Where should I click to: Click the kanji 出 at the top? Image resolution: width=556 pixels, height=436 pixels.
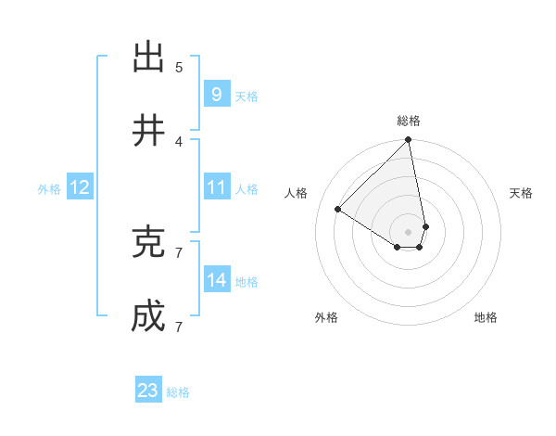tap(148, 58)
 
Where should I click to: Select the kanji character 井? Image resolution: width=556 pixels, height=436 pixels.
tap(148, 131)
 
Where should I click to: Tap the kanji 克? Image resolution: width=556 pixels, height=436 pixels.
tap(148, 242)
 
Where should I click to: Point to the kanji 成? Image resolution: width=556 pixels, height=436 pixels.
tap(148, 317)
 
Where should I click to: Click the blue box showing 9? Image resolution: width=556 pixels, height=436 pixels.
tap(216, 94)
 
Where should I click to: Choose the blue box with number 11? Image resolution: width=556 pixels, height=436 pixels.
tap(216, 187)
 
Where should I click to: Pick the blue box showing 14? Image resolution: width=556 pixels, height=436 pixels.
tap(216, 280)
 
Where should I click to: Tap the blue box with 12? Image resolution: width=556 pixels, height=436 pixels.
tap(79, 187)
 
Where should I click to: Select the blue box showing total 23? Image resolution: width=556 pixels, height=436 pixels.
tap(148, 391)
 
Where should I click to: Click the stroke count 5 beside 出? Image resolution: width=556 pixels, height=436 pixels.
tap(179, 67)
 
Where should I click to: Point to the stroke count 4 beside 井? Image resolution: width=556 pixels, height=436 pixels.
tap(179, 141)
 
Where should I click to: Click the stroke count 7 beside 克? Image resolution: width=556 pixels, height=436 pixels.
tap(179, 252)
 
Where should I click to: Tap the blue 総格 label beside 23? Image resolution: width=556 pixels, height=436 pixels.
tap(178, 392)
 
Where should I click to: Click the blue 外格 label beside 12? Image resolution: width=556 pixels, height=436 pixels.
tap(49, 189)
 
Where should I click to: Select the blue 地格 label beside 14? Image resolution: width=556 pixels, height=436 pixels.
tap(246, 282)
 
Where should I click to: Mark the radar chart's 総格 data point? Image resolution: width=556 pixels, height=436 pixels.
tap(408, 141)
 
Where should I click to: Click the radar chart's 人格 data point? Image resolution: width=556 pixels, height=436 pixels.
tap(338, 210)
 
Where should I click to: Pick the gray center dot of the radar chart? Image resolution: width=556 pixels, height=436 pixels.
tap(408, 231)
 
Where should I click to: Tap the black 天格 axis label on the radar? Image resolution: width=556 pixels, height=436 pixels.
tap(522, 193)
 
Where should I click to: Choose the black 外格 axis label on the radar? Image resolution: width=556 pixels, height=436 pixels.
tap(326, 317)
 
